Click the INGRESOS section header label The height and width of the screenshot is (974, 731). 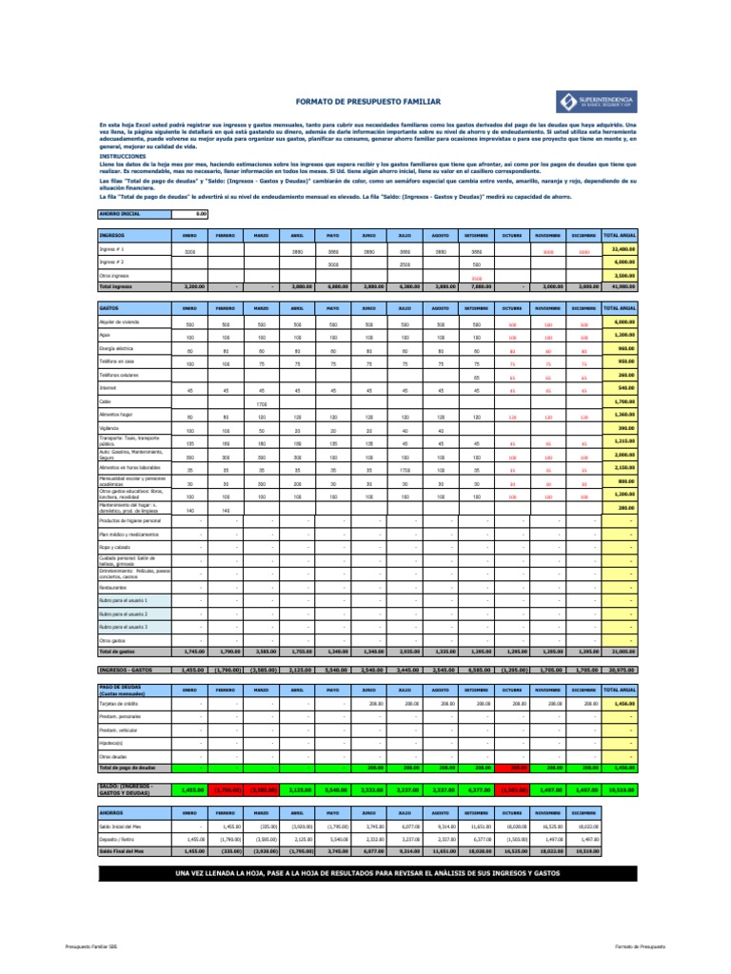111,235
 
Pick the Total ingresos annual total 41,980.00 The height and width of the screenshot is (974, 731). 619,285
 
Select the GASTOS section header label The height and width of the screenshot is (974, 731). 109,309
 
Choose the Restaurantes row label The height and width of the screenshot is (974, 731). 114,588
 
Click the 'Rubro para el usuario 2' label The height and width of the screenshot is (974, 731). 124,614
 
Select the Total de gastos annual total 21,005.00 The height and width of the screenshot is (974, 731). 619,652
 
